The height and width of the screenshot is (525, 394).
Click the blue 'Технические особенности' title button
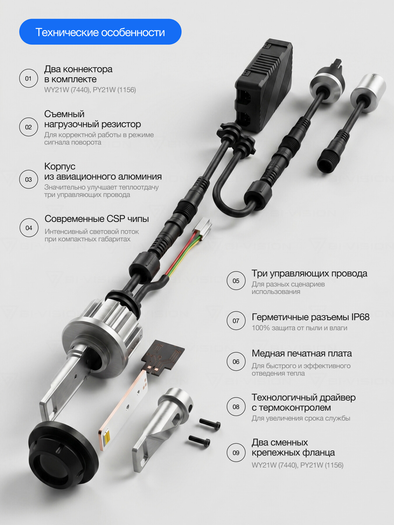tap(100, 32)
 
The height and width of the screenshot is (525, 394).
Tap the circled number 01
tap(28, 78)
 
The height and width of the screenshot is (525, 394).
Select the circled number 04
tap(29, 228)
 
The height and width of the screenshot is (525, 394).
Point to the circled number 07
tap(236, 321)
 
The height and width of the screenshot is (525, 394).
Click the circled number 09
tap(236, 453)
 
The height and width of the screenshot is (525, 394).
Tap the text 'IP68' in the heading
tap(360, 317)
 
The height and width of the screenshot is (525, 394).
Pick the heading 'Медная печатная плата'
tap(302, 353)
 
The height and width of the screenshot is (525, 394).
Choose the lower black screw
tap(199, 440)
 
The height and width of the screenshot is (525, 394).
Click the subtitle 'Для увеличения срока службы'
tap(301, 418)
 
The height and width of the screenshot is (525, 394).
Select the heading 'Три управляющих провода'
tap(309, 274)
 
